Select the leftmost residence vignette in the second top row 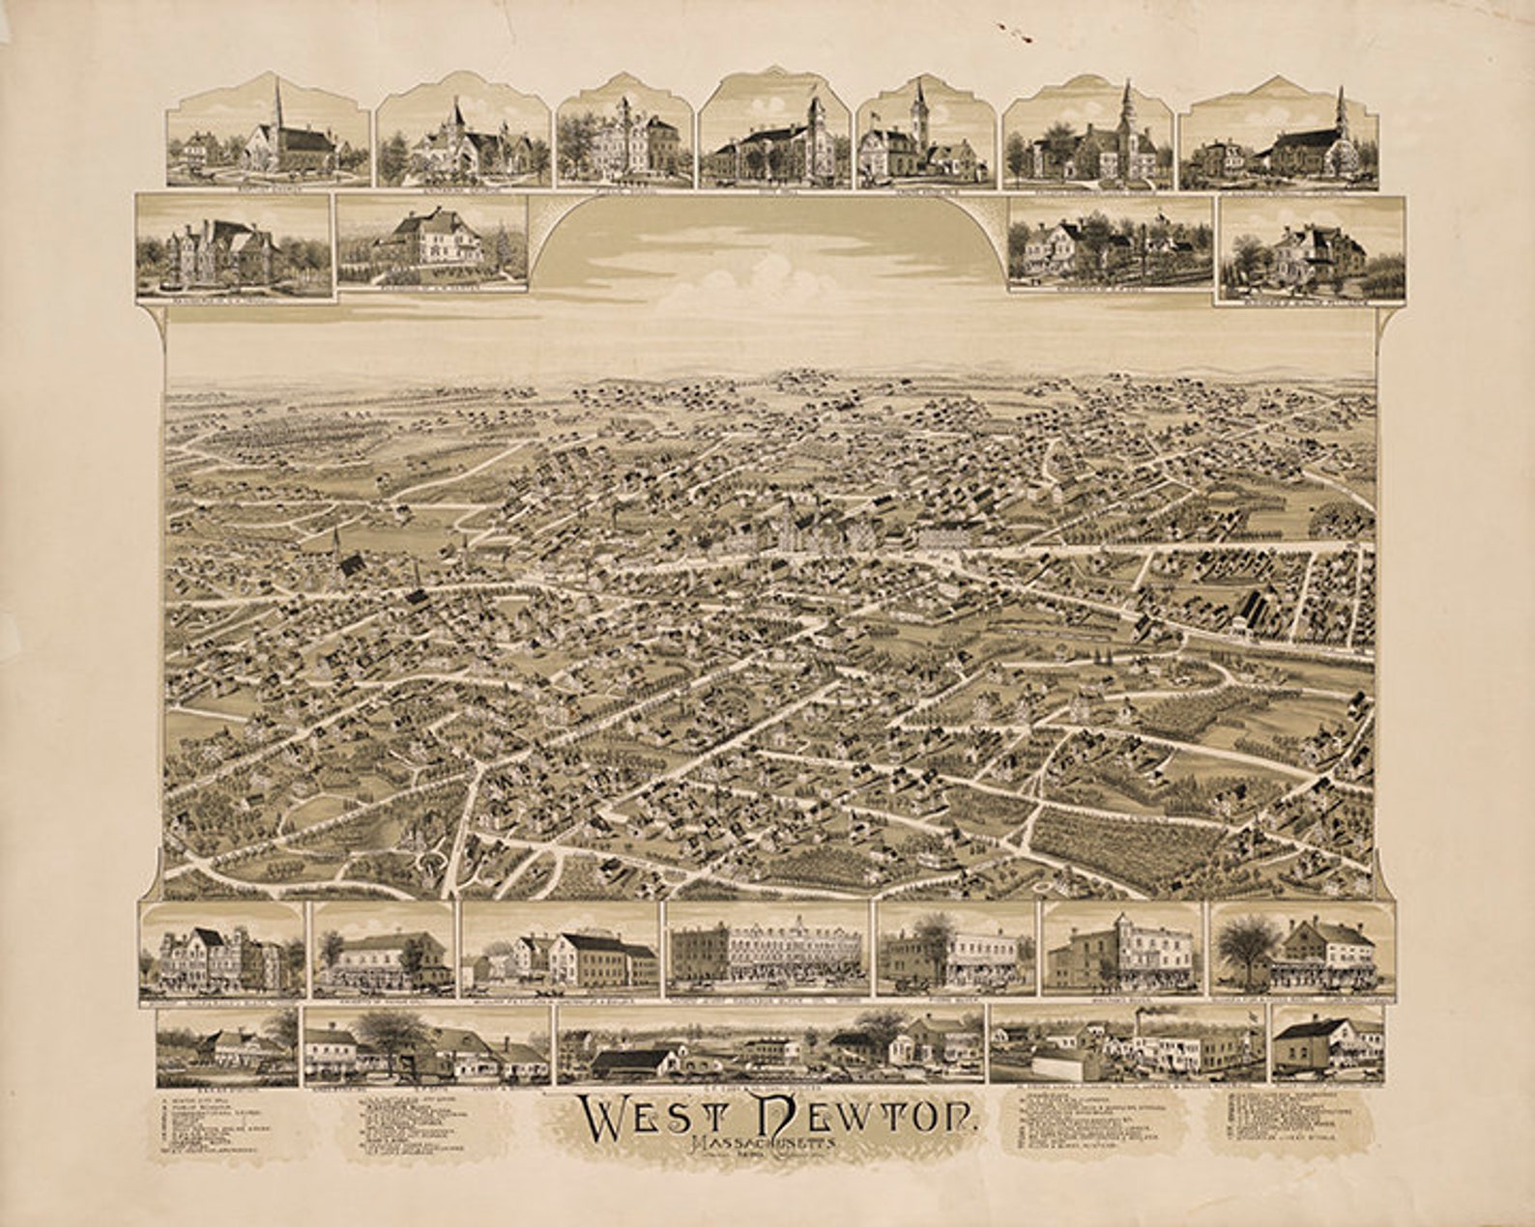[x=232, y=247]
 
